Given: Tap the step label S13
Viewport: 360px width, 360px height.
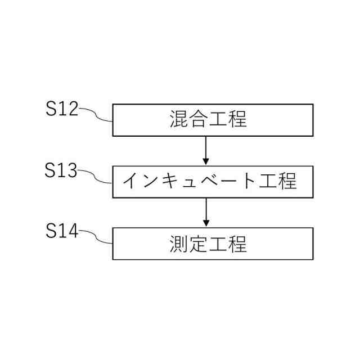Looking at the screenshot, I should coord(61,170).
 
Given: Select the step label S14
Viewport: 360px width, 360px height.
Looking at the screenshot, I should coord(61,231).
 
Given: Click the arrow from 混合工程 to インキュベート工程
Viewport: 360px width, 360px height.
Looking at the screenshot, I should coord(206,151).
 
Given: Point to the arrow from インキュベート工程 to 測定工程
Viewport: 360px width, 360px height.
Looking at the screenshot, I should coord(206,213).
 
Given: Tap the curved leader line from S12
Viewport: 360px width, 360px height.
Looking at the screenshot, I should coord(97,115).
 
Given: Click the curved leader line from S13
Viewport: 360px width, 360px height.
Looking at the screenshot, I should coord(97,177).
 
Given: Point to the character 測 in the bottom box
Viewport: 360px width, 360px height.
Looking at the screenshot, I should coord(178,244).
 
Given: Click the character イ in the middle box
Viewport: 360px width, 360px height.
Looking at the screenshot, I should coord(131,182).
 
